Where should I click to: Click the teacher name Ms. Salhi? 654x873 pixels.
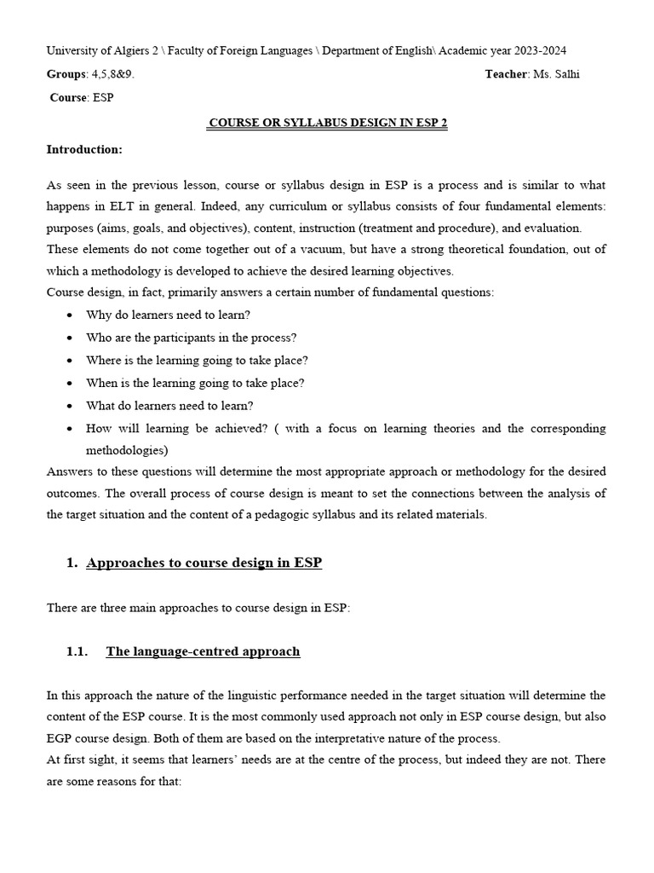556,74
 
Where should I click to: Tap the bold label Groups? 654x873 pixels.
66,74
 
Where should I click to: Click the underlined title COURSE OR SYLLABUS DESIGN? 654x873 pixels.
328,123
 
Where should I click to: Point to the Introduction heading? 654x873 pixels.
84,149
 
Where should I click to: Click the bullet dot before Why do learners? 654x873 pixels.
69,315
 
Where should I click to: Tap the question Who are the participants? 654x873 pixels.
191,338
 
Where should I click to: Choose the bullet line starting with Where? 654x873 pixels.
197,361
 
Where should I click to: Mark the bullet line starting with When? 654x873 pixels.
195,383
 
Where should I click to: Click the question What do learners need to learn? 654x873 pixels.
169,406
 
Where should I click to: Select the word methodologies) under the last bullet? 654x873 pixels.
127,449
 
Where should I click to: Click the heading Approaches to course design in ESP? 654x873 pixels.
204,563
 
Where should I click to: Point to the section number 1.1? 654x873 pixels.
77,651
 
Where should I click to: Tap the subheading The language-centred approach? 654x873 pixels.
203,651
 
